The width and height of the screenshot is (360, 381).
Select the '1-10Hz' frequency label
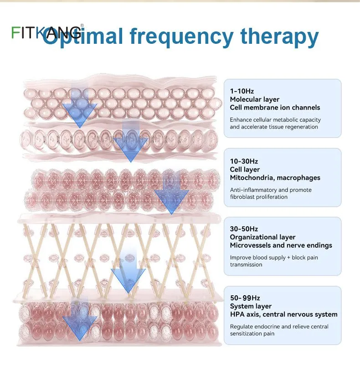click(x=242, y=91)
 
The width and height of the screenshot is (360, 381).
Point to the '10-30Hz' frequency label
click(x=244, y=161)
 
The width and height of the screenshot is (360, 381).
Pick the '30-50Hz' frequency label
click(x=244, y=229)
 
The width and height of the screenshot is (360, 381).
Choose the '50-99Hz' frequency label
click(x=245, y=298)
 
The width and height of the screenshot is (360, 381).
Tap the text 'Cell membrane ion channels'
click(x=275, y=107)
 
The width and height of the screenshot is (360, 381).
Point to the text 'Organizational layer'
click(x=262, y=237)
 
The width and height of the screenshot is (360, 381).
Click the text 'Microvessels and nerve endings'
click(x=281, y=245)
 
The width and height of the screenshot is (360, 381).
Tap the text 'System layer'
click(x=251, y=306)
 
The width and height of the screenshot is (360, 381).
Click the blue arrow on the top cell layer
click(x=80, y=107)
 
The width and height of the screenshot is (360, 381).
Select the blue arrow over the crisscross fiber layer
click(x=128, y=272)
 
